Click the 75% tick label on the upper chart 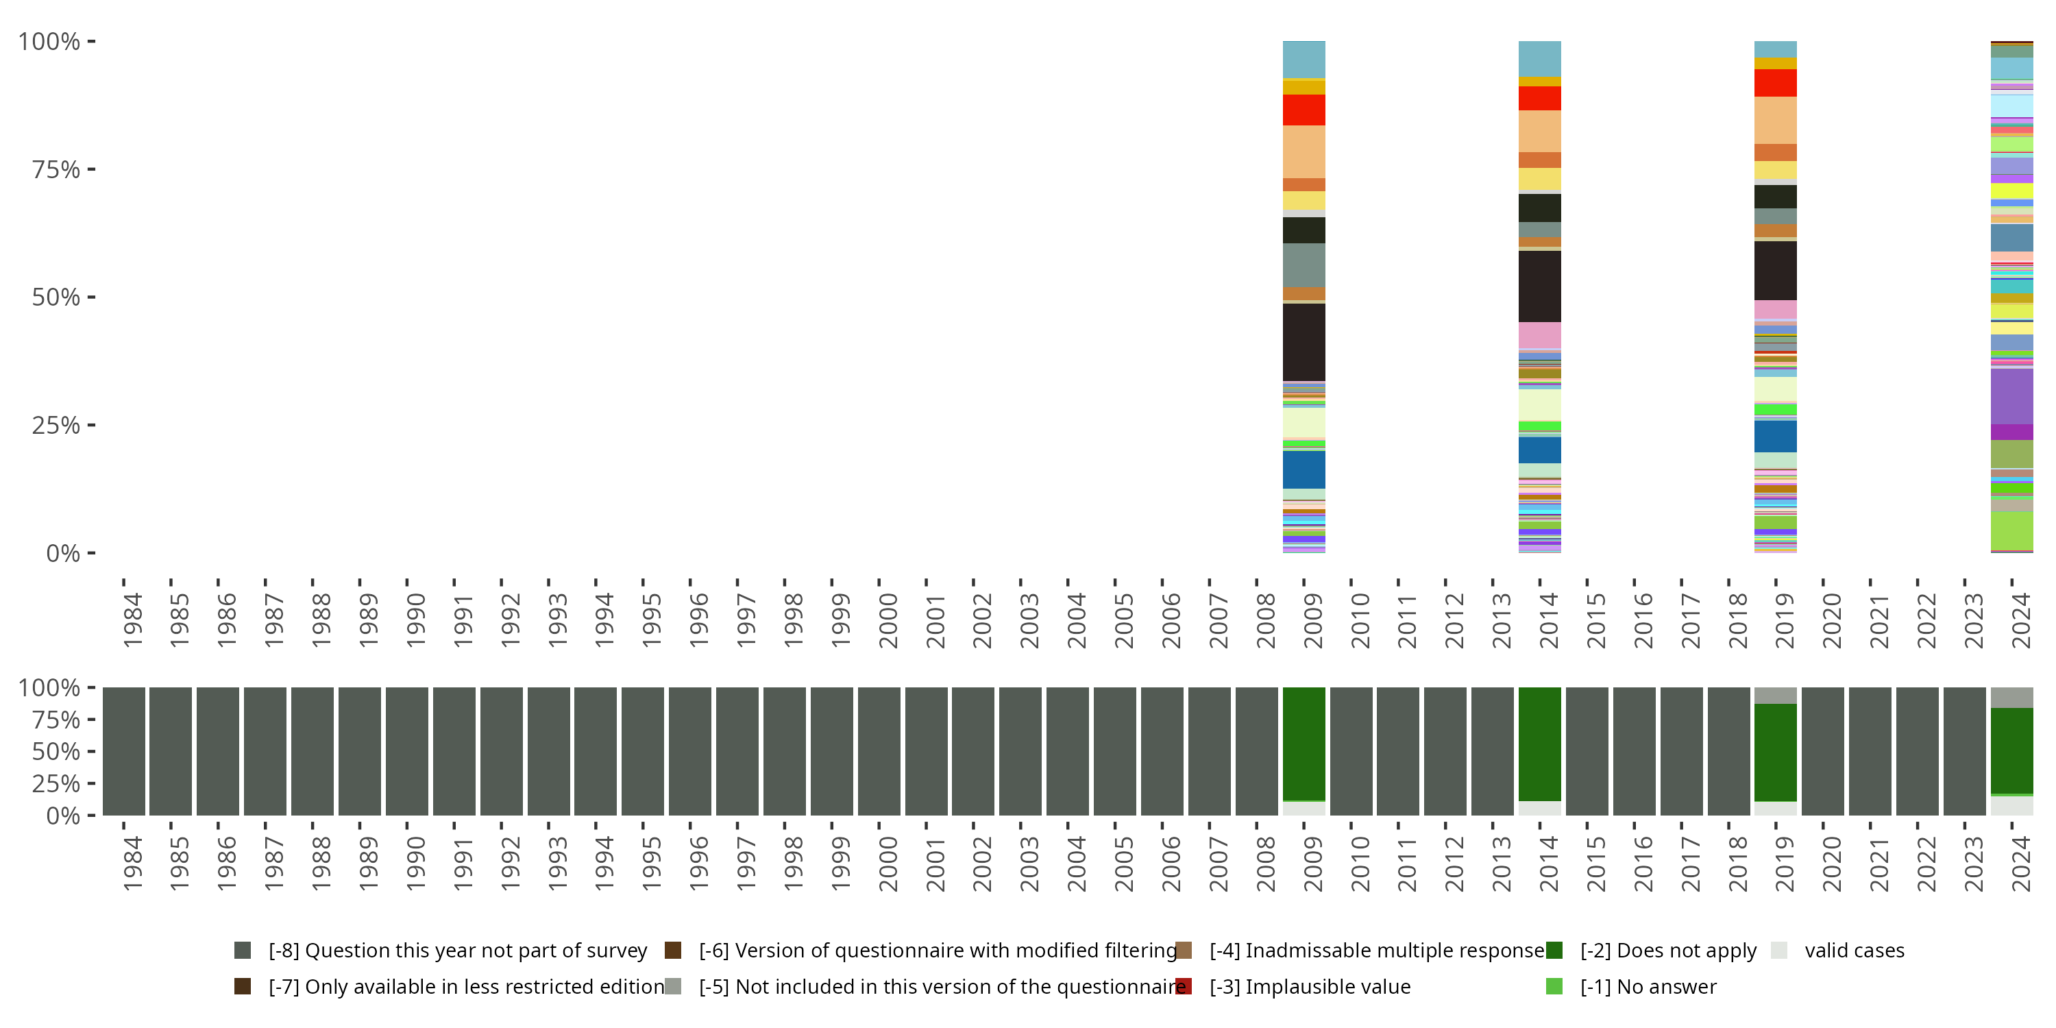pyautogui.click(x=55, y=169)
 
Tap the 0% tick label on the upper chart pyautogui.click(x=62, y=553)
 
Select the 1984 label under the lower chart pyautogui.click(x=132, y=864)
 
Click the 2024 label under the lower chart pyautogui.click(x=2021, y=864)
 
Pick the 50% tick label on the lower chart pyautogui.click(x=55, y=751)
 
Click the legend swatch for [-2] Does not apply pyautogui.click(x=1554, y=950)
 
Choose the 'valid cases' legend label pyautogui.click(x=1854, y=950)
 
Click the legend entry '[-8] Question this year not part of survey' pyautogui.click(x=457, y=950)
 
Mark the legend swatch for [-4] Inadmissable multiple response pyautogui.click(x=1184, y=950)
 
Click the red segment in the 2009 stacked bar pyautogui.click(x=1304, y=110)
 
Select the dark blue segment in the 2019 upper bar pyautogui.click(x=1775, y=436)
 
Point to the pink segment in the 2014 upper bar pyautogui.click(x=1540, y=334)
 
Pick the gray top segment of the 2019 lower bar pyautogui.click(x=1775, y=695)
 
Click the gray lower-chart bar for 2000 pyautogui.click(x=879, y=751)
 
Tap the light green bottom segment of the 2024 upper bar pyautogui.click(x=2011, y=530)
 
